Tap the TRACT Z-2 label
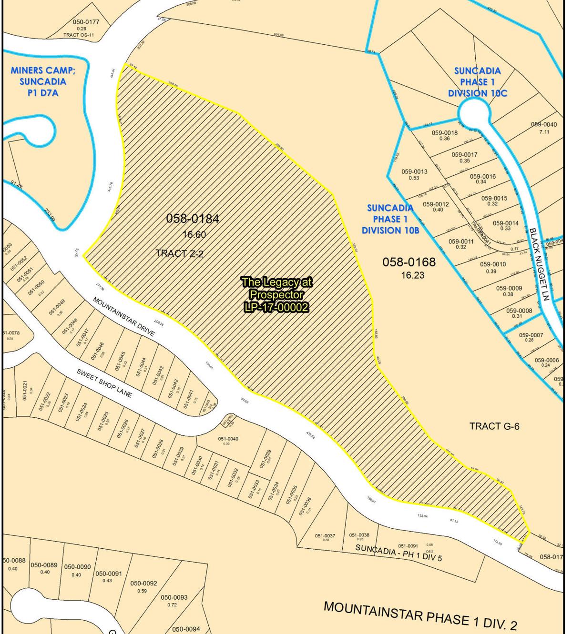(x=179, y=253)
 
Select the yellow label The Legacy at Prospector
(x=276, y=295)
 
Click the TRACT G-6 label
(x=494, y=426)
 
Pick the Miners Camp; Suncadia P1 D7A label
(x=43, y=81)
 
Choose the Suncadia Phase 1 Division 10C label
(x=477, y=81)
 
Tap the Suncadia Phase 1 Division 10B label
(x=390, y=219)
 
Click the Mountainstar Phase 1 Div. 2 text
(x=420, y=615)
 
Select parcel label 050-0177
(x=86, y=22)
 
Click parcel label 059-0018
(x=444, y=132)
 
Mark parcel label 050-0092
(x=143, y=583)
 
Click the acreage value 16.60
(x=194, y=234)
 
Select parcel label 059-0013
(x=414, y=171)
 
